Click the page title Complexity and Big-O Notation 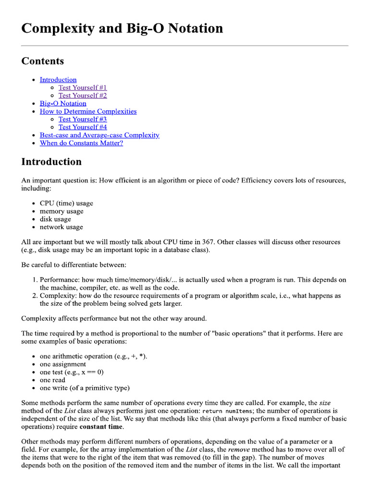[122, 28]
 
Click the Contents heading [42, 61]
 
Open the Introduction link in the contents [58, 79]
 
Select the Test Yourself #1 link [83, 88]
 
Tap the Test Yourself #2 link [83, 95]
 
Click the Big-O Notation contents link [63, 104]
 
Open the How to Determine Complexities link [88, 111]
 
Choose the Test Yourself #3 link [83, 119]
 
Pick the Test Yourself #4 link [83, 127]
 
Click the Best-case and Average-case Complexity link [99, 135]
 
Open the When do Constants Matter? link [81, 143]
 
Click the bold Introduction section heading [51, 162]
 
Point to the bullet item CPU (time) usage [66, 203]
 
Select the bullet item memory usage [61, 211]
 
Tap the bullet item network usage [61, 227]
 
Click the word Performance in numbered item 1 [59, 280]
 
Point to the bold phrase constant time [101, 427]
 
